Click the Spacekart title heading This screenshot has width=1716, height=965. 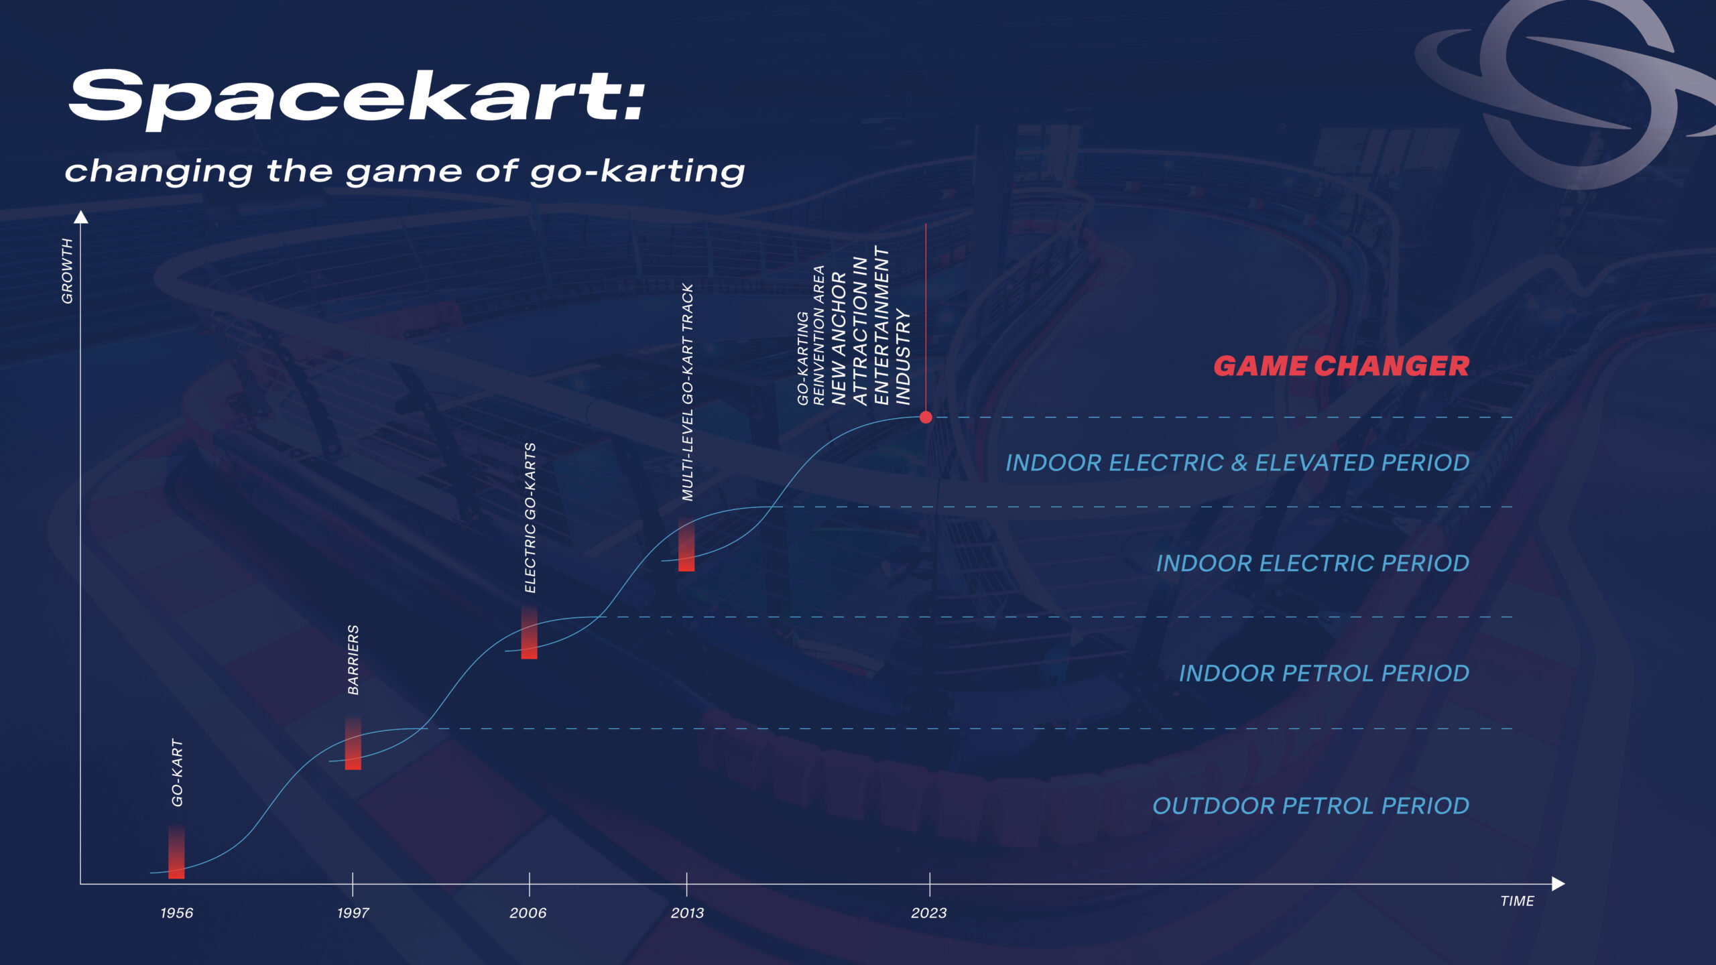coord(357,99)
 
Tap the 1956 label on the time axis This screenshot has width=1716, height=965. coord(176,913)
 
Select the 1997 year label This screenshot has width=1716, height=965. coord(353,913)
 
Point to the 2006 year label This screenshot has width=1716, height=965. coord(528,913)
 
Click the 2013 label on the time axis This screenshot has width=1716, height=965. coord(687,913)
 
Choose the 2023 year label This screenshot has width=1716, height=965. coord(929,913)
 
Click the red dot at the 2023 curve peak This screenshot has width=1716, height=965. coord(926,417)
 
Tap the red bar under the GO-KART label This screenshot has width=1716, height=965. coord(176,851)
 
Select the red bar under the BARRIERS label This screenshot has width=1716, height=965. coord(353,743)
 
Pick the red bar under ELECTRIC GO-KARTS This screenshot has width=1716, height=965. coord(530,632)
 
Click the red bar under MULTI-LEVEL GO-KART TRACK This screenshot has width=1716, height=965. coord(686,544)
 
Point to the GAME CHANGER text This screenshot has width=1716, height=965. coord(1341,366)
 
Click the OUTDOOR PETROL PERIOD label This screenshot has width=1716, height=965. coord(1311,806)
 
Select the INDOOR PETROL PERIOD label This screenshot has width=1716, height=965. coord(1325,673)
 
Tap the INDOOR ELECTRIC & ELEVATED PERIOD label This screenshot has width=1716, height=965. coord(1237,462)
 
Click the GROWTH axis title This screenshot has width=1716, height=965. coord(67,271)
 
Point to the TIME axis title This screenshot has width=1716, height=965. coord(1517,901)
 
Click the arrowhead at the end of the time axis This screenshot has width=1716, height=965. coord(1558,884)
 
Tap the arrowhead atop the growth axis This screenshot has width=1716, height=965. coord(81,216)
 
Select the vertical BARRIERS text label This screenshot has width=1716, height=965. coord(353,659)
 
